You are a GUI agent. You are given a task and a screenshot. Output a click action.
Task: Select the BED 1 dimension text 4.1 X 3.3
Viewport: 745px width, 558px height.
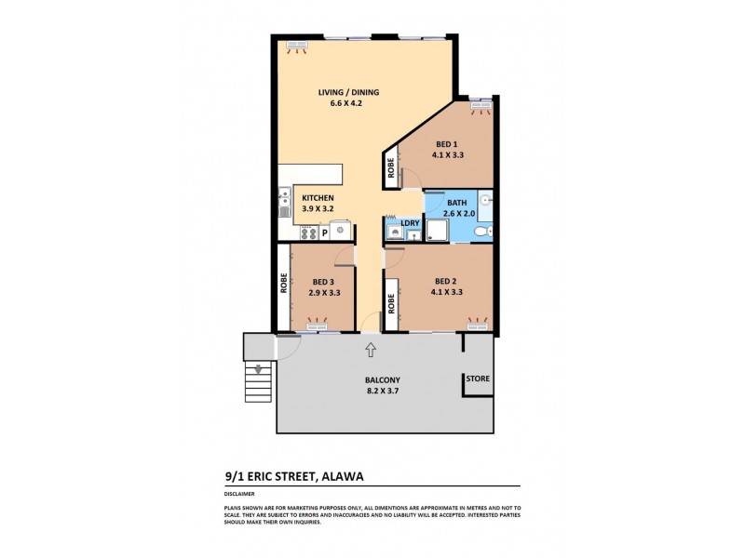click(449, 155)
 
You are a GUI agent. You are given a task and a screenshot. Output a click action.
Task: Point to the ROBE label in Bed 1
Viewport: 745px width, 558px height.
click(391, 170)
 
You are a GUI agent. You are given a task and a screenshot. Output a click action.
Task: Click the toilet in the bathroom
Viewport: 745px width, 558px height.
click(479, 231)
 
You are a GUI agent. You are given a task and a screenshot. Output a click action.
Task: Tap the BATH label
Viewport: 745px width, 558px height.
click(456, 202)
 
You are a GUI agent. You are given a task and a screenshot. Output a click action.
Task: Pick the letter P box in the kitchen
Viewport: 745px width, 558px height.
click(325, 232)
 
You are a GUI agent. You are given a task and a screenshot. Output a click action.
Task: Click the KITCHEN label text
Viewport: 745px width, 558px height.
click(318, 198)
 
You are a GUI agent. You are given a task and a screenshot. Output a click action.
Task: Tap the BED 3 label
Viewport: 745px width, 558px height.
click(324, 282)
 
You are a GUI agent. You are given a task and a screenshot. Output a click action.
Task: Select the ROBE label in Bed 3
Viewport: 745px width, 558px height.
click(282, 283)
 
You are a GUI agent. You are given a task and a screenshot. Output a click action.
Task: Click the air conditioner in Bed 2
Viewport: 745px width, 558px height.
click(478, 326)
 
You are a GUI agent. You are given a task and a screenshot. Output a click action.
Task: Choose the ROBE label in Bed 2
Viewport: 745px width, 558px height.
click(391, 303)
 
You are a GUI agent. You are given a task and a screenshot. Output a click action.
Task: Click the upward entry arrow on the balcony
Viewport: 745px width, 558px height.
click(370, 350)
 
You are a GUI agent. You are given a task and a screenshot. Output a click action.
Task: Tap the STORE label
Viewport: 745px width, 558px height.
click(479, 379)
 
